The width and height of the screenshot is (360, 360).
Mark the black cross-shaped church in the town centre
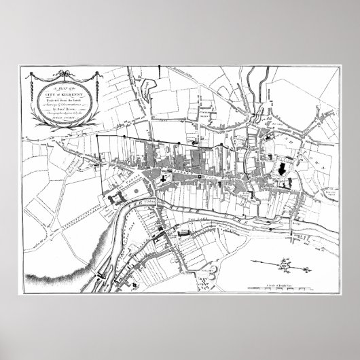[x=198, y=178]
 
